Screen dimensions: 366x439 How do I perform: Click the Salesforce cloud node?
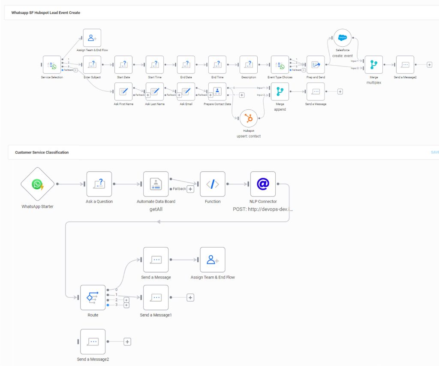click(x=342, y=38)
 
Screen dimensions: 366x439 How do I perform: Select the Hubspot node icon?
click(x=249, y=118)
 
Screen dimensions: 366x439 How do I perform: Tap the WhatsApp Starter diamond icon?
click(x=38, y=184)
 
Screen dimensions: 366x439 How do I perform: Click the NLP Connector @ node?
click(x=263, y=184)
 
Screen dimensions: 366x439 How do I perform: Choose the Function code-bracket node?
click(x=213, y=184)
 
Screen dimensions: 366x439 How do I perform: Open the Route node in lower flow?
click(x=93, y=297)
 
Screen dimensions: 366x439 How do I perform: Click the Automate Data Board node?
click(x=156, y=184)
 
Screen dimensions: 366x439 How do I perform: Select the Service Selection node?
click(x=51, y=65)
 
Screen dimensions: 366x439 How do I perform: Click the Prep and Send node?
click(x=316, y=65)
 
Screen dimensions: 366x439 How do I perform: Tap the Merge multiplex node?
click(x=373, y=65)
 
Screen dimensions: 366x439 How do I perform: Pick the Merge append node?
click(x=280, y=91)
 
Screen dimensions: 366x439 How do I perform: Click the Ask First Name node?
click(x=123, y=91)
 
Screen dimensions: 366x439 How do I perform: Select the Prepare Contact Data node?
click(x=217, y=91)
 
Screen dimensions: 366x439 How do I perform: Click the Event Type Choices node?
click(x=280, y=65)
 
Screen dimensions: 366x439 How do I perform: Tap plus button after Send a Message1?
click(x=190, y=297)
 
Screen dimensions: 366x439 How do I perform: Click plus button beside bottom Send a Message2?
click(x=127, y=342)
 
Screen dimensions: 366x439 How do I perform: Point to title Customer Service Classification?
click(x=42, y=152)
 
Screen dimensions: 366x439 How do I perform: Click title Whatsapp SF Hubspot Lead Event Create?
click(x=45, y=13)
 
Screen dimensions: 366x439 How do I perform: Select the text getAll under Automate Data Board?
click(x=156, y=209)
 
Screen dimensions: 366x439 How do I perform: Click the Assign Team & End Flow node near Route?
click(x=213, y=260)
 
